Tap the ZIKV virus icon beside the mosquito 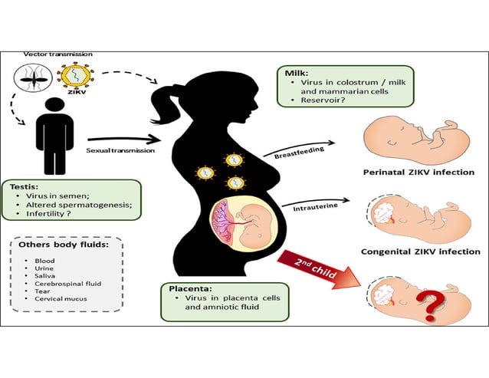point(77,79)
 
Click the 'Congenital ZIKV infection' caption point(420,251)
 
